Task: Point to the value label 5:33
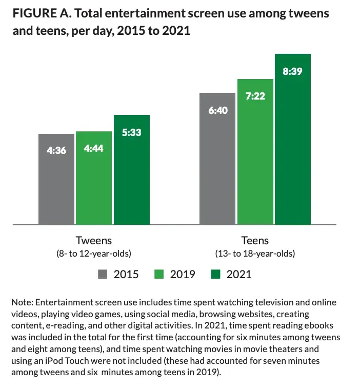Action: (x=131, y=133)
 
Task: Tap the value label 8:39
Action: (x=292, y=71)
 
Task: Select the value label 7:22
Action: (x=255, y=96)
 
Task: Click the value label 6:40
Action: (x=217, y=110)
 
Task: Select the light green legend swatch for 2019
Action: (x=160, y=274)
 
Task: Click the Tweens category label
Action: (x=94, y=240)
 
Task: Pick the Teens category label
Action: (x=255, y=240)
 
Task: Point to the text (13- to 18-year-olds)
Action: (x=255, y=254)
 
